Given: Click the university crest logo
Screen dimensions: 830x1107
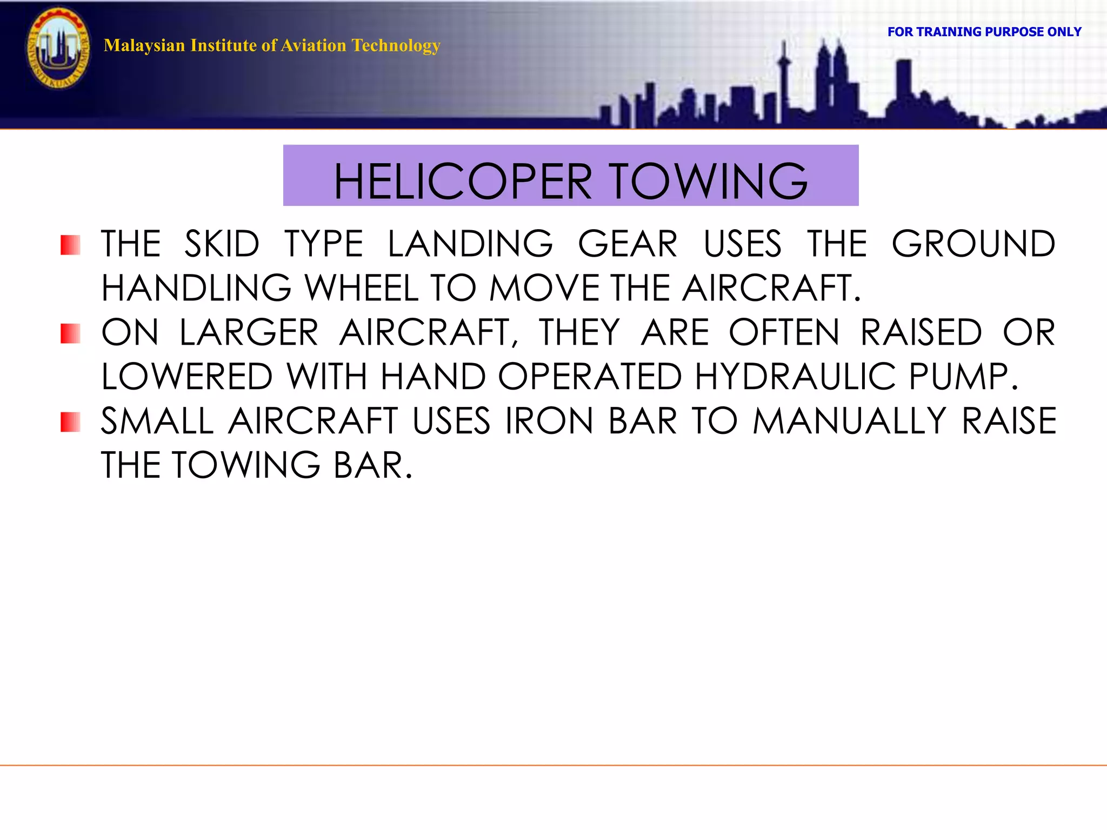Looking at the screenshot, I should tap(58, 49).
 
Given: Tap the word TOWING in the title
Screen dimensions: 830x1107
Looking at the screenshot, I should tap(709, 182).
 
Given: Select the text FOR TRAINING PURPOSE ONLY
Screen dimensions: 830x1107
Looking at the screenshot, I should tap(984, 32).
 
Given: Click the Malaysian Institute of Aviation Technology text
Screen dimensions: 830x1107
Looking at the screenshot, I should tap(272, 45).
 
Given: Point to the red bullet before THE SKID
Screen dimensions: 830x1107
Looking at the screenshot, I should tap(70, 245).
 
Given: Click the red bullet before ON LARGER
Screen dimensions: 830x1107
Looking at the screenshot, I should tap(70, 333).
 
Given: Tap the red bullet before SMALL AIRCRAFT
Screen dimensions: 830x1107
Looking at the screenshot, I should tap(70, 422).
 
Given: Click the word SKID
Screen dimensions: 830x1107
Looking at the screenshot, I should tap(222, 244).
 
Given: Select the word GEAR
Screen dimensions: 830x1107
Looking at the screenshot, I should tap(628, 244).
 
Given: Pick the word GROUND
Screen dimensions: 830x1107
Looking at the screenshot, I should tap(973, 244).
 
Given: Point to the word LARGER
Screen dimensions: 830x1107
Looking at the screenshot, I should tap(249, 332).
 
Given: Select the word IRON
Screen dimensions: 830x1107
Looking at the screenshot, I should tap(549, 421).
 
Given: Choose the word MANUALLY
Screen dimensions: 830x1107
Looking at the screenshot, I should tap(849, 421).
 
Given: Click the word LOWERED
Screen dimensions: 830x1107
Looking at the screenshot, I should tap(187, 377).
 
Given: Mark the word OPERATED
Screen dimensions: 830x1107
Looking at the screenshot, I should tap(590, 377).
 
